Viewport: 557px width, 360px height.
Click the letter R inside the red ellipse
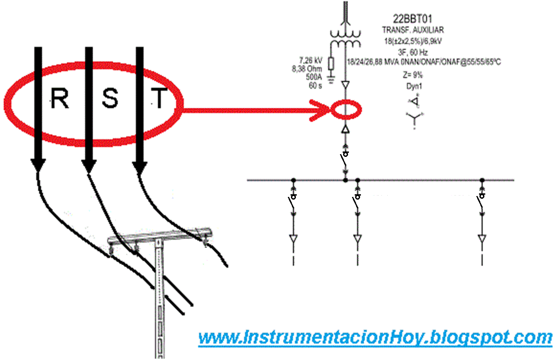tap(60, 99)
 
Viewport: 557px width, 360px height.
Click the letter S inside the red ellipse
tap(110, 99)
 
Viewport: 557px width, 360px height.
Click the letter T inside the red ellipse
tap(160, 99)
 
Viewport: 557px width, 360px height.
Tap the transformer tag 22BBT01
tap(413, 19)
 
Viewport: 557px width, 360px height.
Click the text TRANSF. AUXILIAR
tap(413, 30)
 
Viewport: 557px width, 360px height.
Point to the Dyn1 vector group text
tap(413, 87)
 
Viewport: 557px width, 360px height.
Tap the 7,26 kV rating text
tap(311, 60)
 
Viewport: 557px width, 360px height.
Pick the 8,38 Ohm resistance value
tap(308, 68)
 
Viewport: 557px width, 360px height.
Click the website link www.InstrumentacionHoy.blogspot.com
tap(375, 337)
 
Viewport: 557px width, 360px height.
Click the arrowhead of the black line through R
tap(38, 165)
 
